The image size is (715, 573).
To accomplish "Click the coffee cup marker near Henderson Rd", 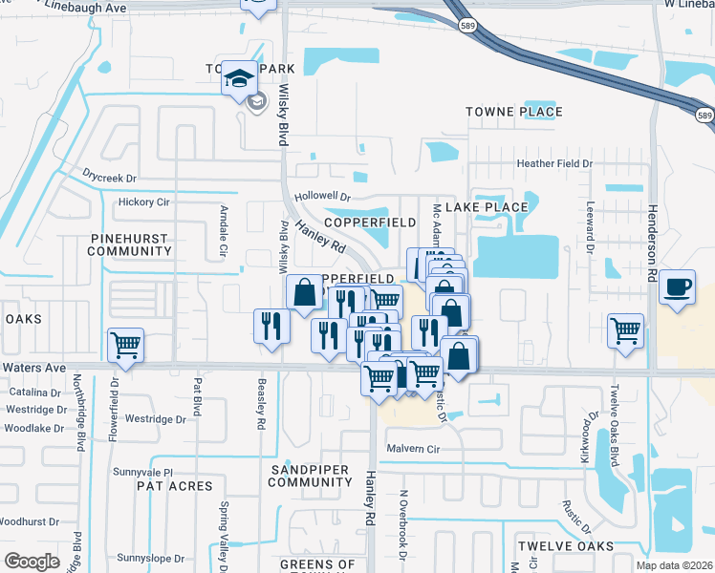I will pos(678,287).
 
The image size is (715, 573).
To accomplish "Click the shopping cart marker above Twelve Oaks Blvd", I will pos(626,331).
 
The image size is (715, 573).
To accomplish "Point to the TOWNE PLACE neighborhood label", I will pos(514,112).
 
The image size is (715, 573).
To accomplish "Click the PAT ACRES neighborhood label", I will pos(174,486).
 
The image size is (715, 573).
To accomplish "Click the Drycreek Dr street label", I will pos(110,178).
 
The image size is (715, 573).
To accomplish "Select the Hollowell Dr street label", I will pos(323,197).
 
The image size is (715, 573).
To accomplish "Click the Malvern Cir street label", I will pos(412,449).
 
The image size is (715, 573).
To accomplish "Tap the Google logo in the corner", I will pos(32,562).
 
